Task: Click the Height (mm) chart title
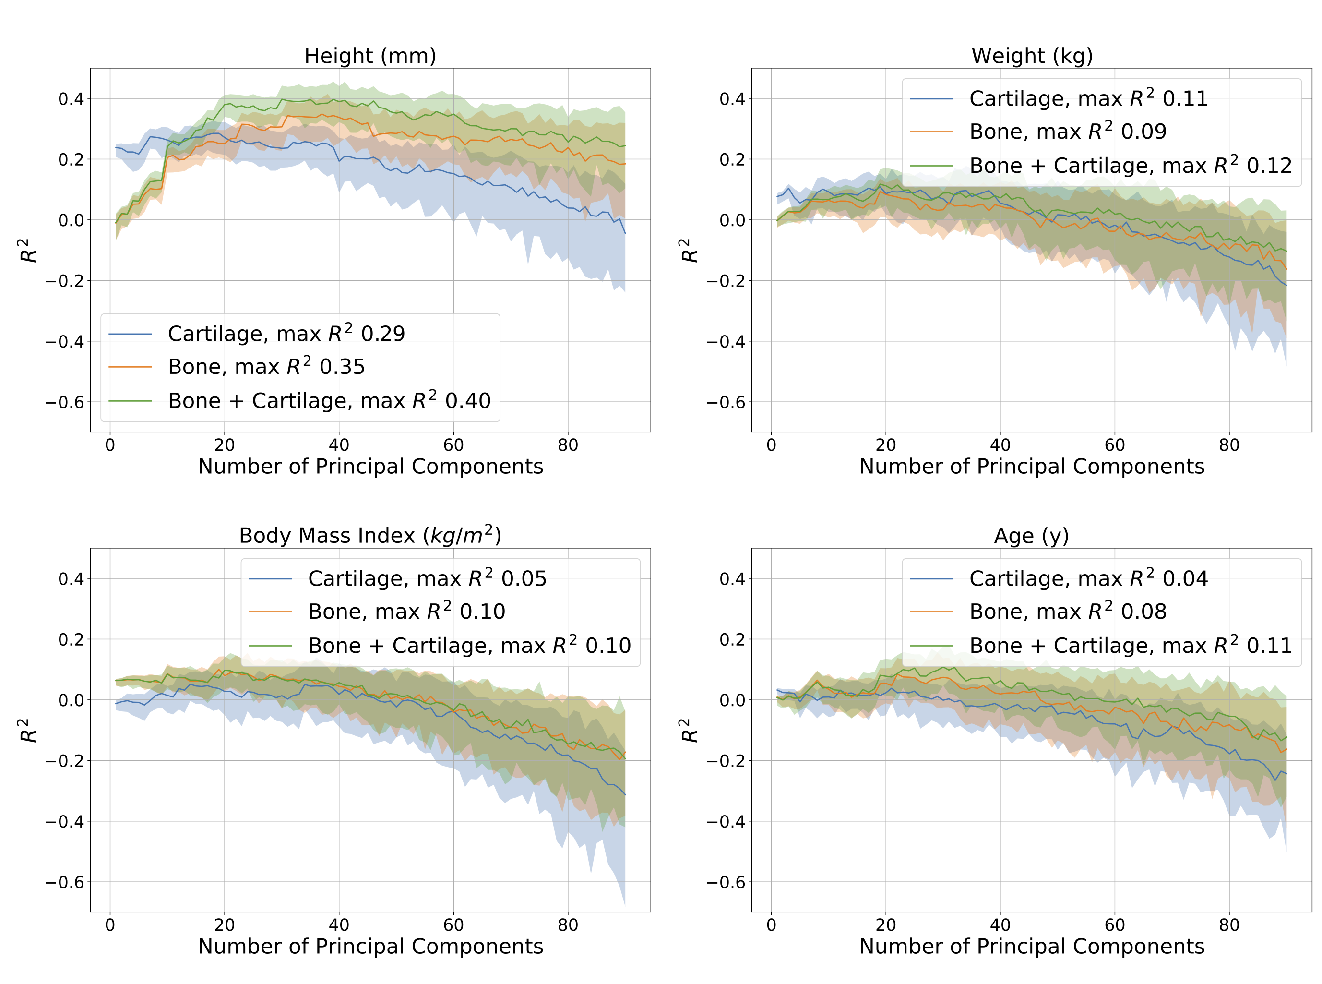(370, 56)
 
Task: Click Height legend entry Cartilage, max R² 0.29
(286, 334)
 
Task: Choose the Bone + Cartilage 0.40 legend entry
(329, 400)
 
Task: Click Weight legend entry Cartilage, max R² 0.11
(1088, 98)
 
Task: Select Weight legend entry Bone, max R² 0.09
(1067, 132)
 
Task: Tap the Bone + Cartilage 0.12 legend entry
(1130, 166)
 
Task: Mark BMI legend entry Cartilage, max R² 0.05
(427, 578)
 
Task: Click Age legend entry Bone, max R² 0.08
(1067, 612)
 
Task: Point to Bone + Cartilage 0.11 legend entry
(1130, 645)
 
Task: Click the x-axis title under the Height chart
(370, 467)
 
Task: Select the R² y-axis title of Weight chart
(689, 250)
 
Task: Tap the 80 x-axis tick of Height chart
(568, 445)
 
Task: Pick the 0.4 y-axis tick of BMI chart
(71, 578)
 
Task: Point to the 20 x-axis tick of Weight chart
(885, 445)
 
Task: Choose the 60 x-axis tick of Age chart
(1114, 925)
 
